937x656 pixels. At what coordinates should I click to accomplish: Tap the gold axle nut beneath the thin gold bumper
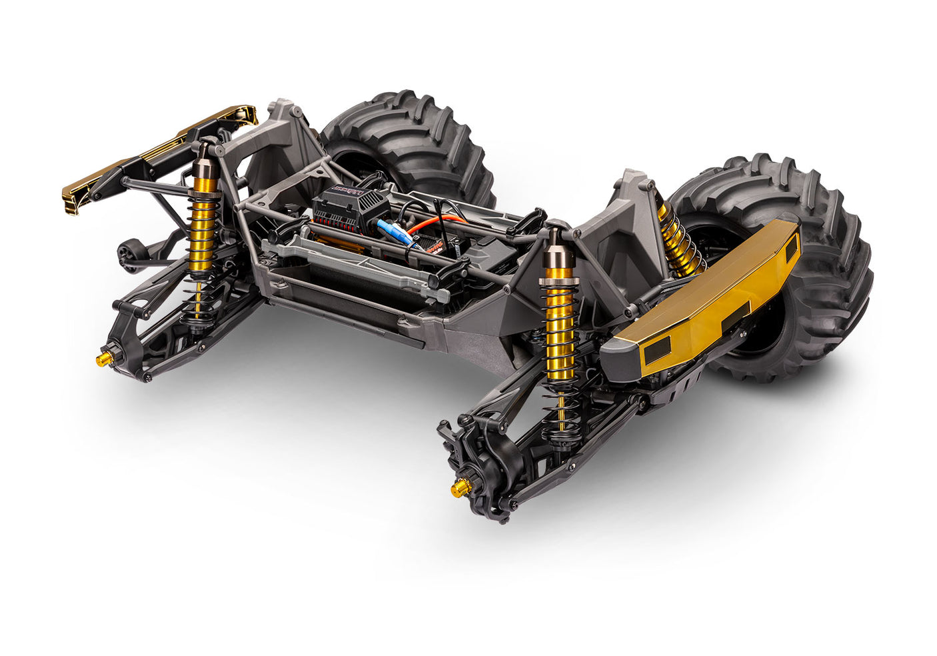[x=103, y=360]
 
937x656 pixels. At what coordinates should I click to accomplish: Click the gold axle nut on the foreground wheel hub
[x=458, y=490]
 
